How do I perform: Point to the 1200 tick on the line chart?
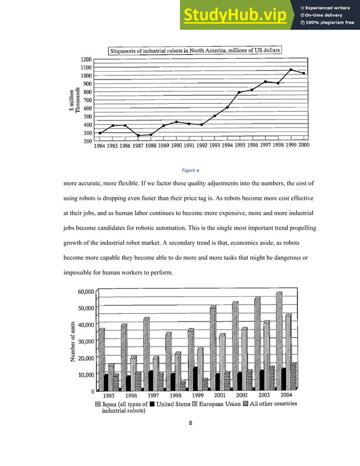click(86, 59)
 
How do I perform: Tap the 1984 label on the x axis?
click(100, 145)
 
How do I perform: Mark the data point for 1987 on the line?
click(138, 135)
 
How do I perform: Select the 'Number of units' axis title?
click(73, 341)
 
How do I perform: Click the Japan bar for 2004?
click(279, 341)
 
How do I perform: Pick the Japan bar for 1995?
click(102, 359)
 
